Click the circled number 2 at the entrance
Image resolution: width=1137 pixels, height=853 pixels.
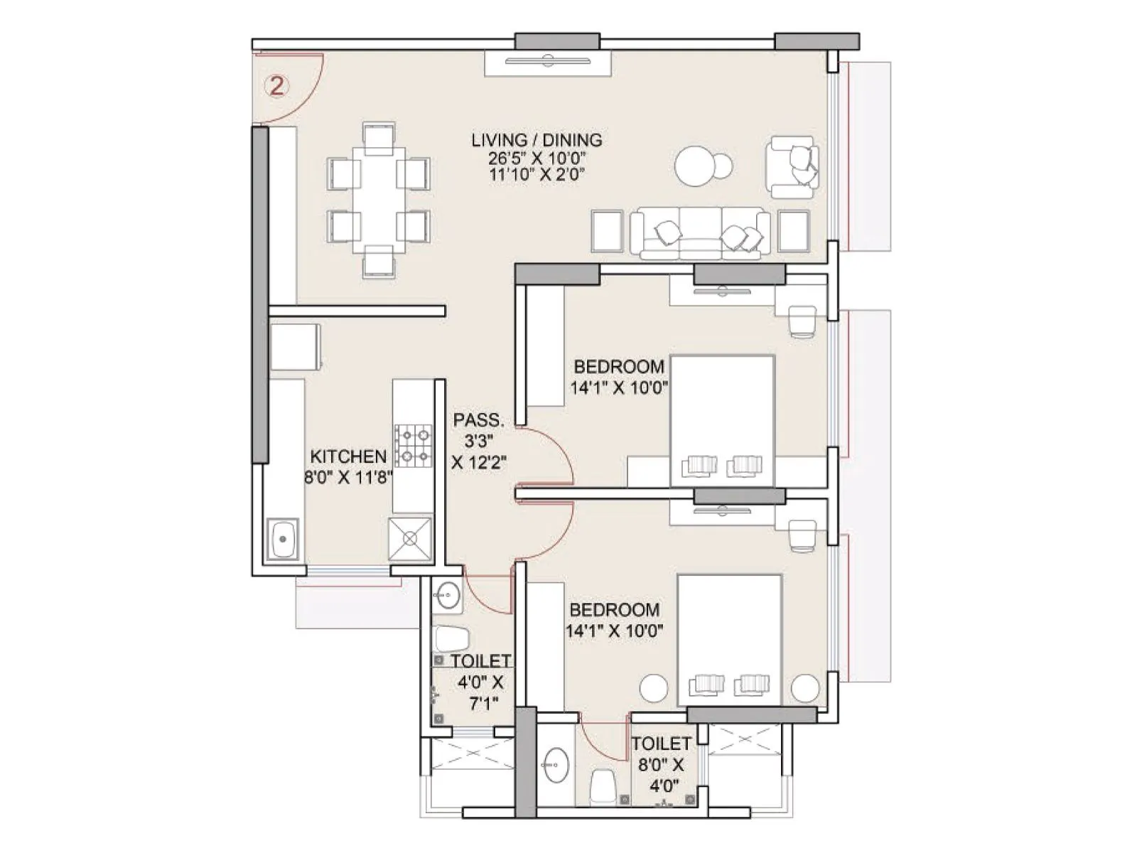pyautogui.click(x=276, y=87)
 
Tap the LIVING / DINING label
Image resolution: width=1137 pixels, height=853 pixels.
pyautogui.click(x=537, y=140)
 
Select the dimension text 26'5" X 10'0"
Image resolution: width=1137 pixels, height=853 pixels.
pyautogui.click(x=537, y=158)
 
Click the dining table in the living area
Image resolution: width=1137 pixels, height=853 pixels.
pyautogui.click(x=379, y=200)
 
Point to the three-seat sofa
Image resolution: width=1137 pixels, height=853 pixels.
pyautogui.click(x=701, y=232)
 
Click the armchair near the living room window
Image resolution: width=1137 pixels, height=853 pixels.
pyautogui.click(x=792, y=166)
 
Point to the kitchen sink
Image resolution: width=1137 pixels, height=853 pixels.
pyautogui.click(x=284, y=540)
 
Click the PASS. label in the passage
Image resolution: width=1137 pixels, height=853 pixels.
pyautogui.click(x=478, y=419)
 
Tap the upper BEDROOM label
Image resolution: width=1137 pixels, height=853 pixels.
pyautogui.click(x=619, y=367)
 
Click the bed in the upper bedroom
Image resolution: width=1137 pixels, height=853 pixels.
pyautogui.click(x=722, y=419)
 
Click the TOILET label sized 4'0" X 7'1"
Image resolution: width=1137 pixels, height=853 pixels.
pyautogui.click(x=480, y=662)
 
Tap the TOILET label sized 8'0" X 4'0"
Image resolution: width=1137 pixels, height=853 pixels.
pyautogui.click(x=661, y=744)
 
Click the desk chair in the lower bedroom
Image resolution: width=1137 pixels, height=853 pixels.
pyautogui.click(x=803, y=534)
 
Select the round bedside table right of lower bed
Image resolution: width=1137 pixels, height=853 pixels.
pyautogui.click(x=806, y=687)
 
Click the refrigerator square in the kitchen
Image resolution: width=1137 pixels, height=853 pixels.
pyautogui.click(x=296, y=348)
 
